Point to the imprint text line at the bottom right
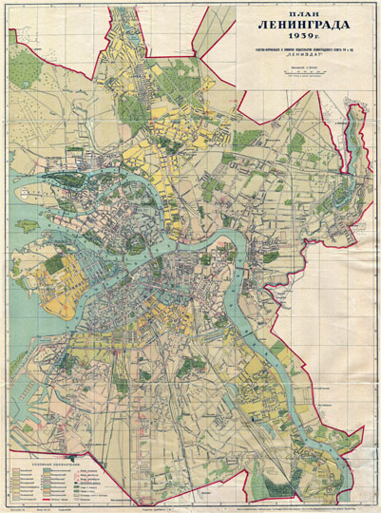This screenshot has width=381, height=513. click(x=304, y=505)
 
